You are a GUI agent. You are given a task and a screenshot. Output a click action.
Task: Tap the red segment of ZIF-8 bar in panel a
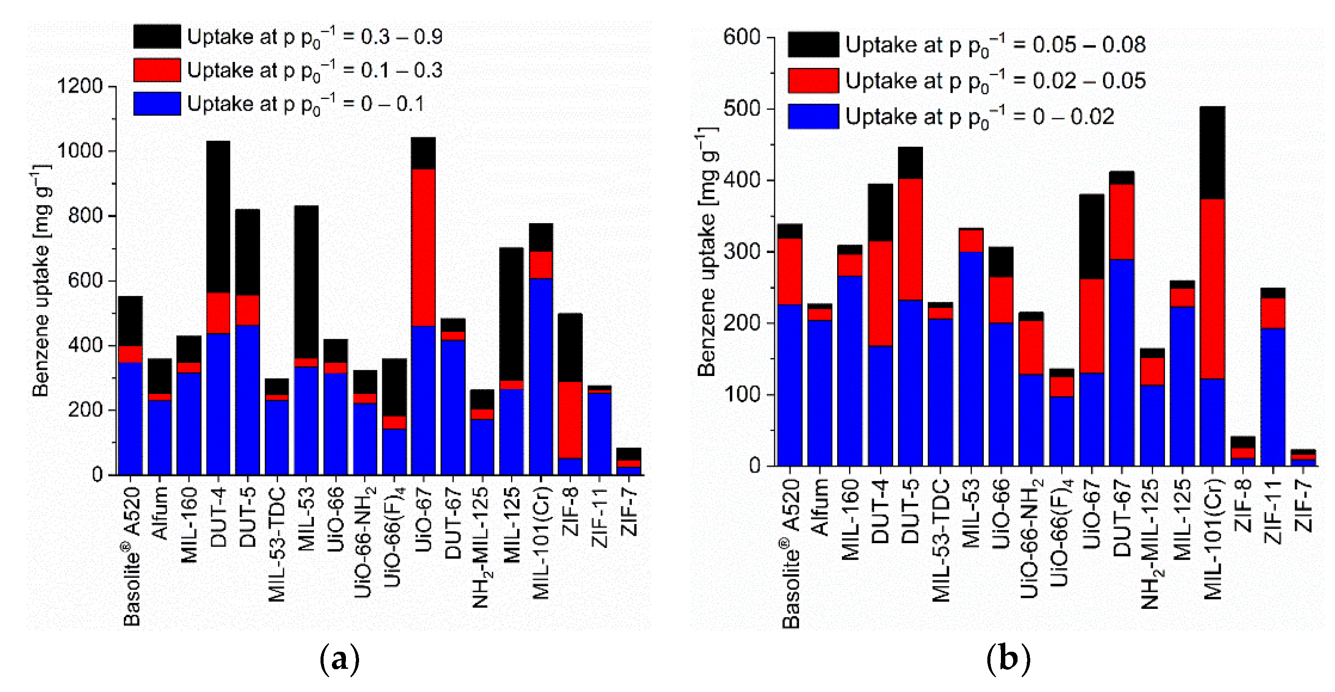pyautogui.click(x=570, y=420)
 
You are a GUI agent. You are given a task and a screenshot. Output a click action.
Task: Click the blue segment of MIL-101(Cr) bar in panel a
pyautogui.click(x=541, y=376)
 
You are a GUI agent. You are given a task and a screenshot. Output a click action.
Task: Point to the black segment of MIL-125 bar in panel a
pyautogui.click(x=511, y=314)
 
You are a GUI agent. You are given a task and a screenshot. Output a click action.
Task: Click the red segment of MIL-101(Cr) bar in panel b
pyautogui.click(x=1212, y=288)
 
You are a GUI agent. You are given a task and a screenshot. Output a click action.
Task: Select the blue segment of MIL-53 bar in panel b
pyautogui.click(x=971, y=358)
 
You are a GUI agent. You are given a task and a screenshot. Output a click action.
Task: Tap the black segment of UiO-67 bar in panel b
pyautogui.click(x=1092, y=237)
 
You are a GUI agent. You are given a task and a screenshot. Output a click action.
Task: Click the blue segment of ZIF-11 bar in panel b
pyautogui.click(x=1272, y=397)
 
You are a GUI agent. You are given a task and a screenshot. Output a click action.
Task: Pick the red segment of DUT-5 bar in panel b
pyautogui.click(x=911, y=239)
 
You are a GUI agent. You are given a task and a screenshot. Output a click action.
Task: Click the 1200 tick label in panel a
pyautogui.click(x=80, y=86)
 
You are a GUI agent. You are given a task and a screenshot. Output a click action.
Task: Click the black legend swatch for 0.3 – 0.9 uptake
pyautogui.click(x=157, y=37)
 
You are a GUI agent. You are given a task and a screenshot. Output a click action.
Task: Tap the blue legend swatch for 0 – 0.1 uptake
pyautogui.click(x=157, y=104)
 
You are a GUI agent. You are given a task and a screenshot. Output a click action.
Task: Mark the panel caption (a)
pyautogui.click(x=339, y=659)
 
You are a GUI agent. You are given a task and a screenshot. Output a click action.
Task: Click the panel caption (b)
pyautogui.click(x=1007, y=659)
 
